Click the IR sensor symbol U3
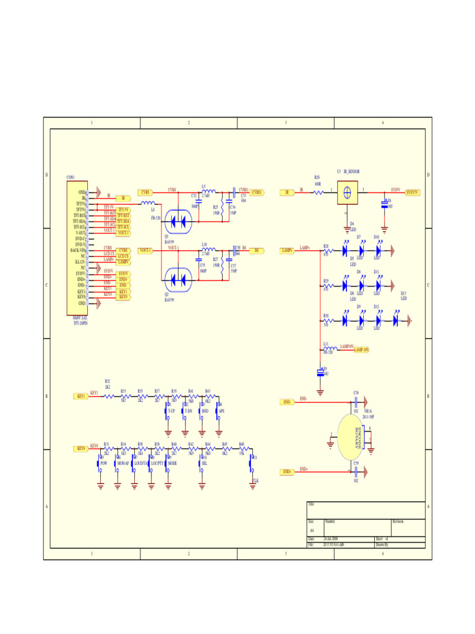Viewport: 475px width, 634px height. click(348, 192)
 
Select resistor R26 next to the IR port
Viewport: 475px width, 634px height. click(317, 193)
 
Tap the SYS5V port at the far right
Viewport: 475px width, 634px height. click(412, 193)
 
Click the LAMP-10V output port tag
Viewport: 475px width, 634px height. click(362, 350)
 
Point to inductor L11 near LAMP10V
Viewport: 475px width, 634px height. click(327, 349)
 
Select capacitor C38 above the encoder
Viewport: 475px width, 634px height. click(356, 402)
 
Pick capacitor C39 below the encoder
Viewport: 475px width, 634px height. click(356, 472)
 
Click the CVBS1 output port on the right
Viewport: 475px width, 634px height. click(257, 193)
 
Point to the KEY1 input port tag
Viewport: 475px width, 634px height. click(80, 396)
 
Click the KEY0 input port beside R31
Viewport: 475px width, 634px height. click(80, 448)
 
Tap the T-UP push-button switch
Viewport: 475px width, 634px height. click(168, 411)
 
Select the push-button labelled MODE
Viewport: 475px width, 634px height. click(168, 463)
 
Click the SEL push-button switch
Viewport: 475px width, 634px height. click(201, 463)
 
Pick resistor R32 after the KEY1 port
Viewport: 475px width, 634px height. click(108, 396)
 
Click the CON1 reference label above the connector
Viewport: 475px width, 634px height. click(71, 178)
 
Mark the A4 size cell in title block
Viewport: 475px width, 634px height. click(312, 531)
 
